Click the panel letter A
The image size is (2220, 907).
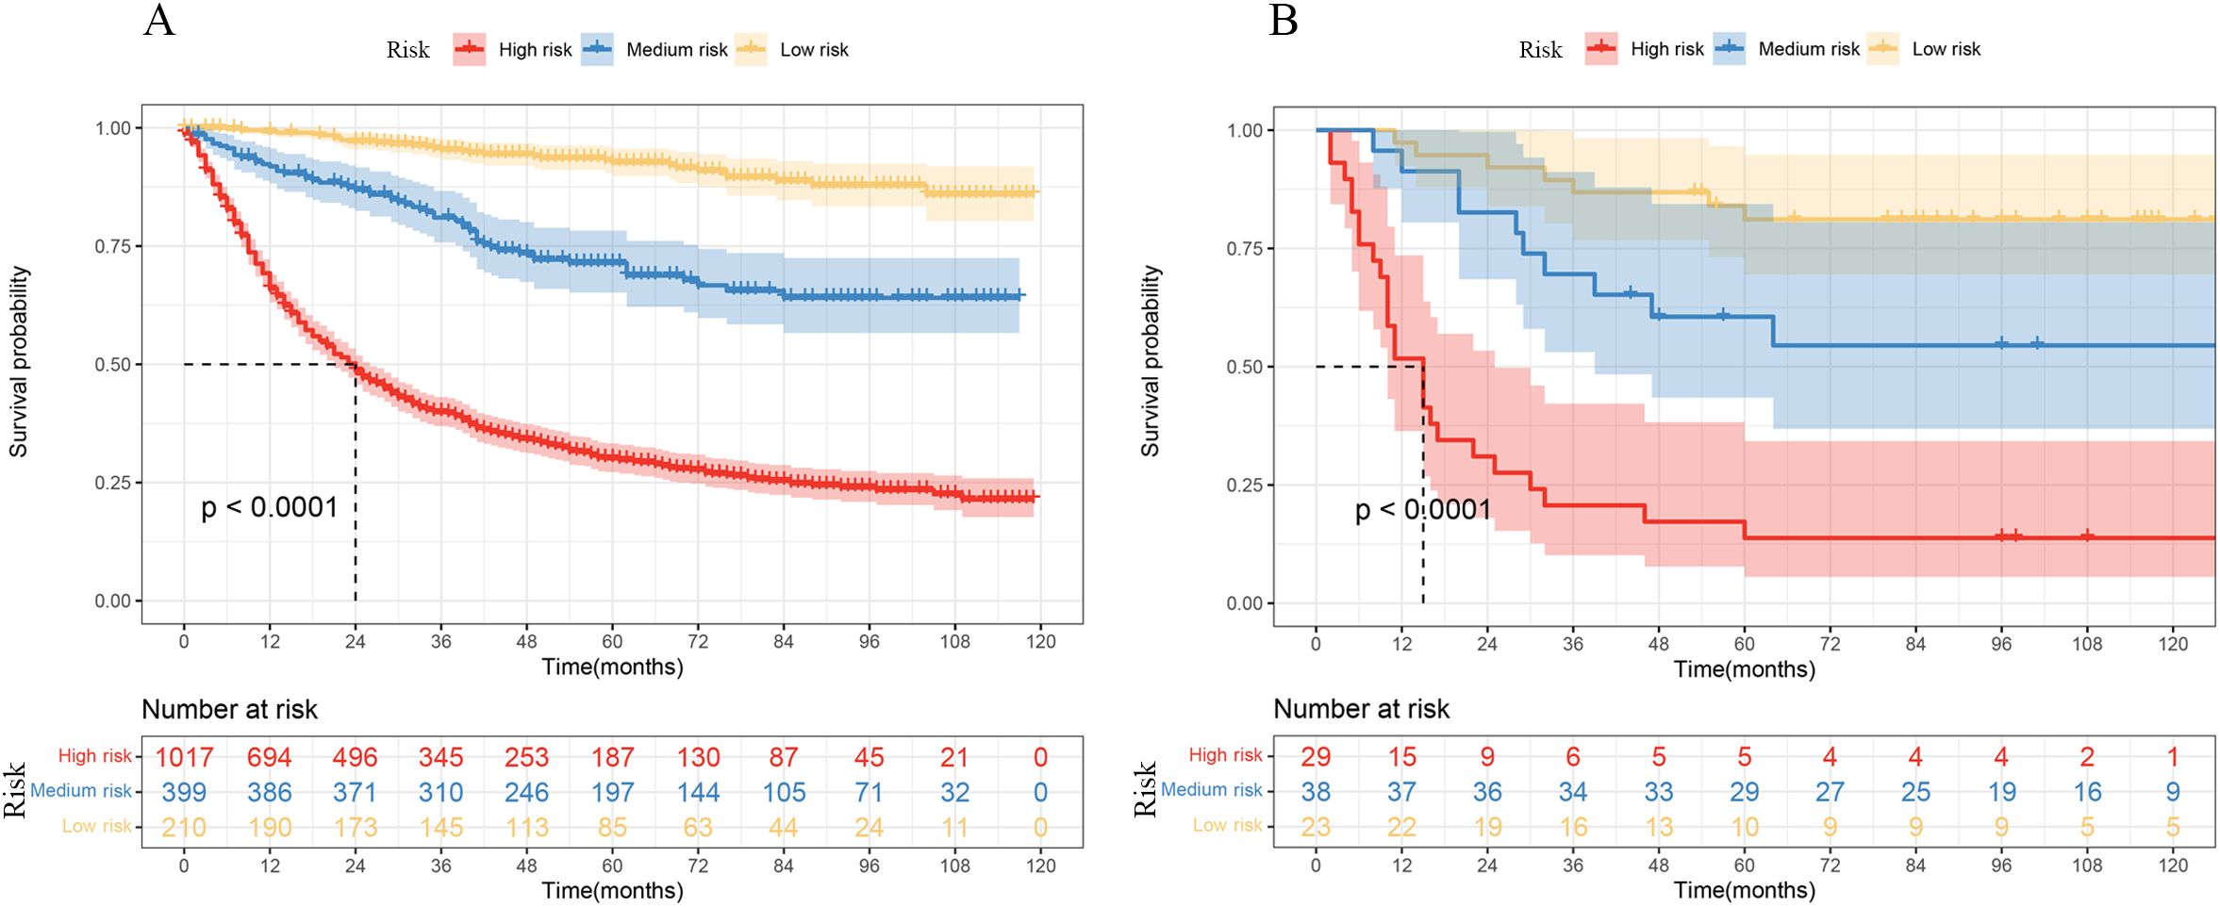coord(159,20)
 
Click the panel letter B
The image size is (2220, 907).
coord(1284,20)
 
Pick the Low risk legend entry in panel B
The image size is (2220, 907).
coord(1924,48)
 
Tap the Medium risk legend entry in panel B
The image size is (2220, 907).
coord(1786,48)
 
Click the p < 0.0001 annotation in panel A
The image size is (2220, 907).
coord(270,507)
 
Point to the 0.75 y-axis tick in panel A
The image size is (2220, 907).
coord(113,246)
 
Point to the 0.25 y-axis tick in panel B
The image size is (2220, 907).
coord(1245,485)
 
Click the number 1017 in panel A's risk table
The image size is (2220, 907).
coord(184,757)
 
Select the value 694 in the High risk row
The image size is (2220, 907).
coord(270,757)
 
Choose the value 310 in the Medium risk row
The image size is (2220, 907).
coord(441,792)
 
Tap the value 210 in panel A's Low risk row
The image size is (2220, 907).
coord(184,827)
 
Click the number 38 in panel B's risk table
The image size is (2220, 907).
coord(1316,791)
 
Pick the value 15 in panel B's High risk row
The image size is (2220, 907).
coord(1402,756)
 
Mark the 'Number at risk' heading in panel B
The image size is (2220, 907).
coord(1361,709)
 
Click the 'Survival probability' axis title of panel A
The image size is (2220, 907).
coord(19,362)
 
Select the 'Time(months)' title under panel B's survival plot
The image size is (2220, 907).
coord(1744,669)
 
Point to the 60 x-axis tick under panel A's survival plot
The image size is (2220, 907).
coord(612,641)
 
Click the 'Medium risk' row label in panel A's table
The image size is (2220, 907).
coord(81,790)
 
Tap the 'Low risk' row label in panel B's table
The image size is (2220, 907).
coord(1227,825)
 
